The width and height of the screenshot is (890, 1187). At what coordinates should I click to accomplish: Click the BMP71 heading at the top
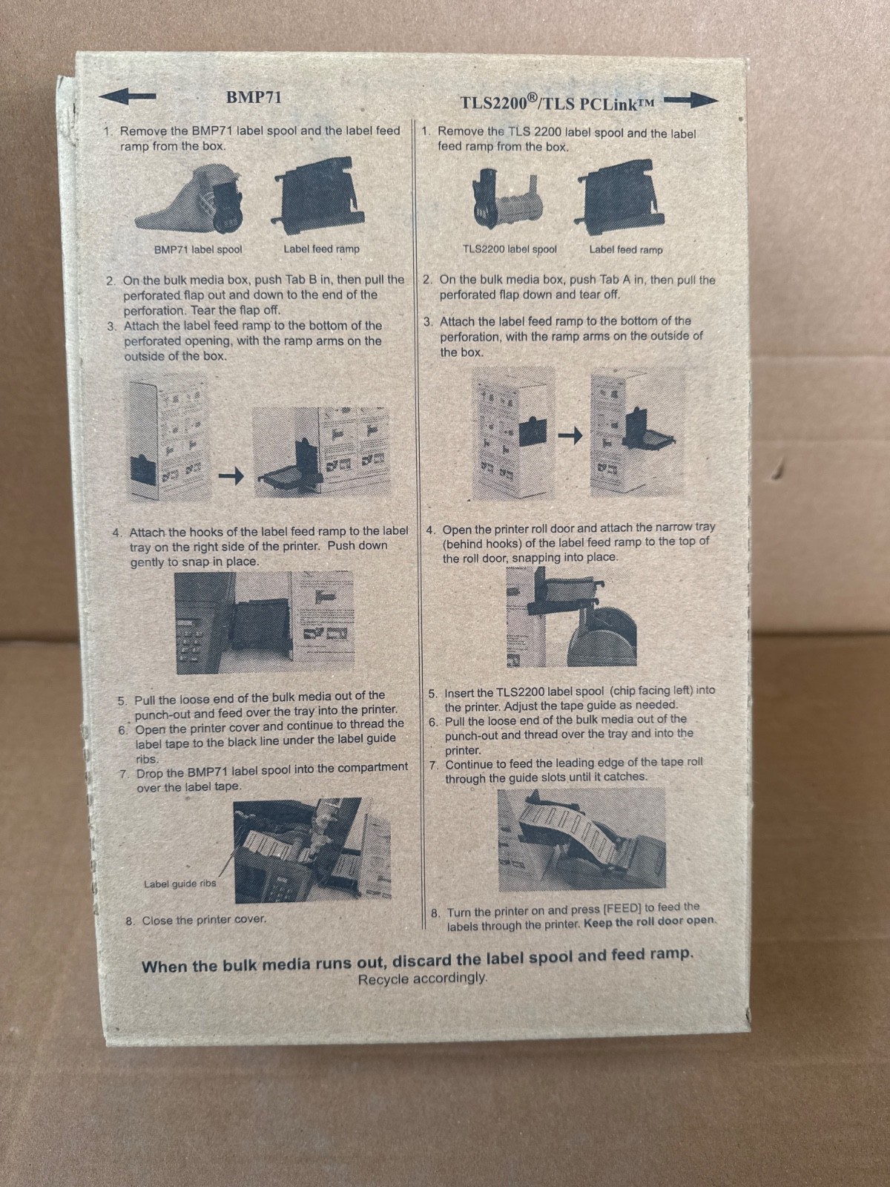coord(254,97)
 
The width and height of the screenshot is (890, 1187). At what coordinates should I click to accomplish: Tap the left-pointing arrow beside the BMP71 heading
coord(128,96)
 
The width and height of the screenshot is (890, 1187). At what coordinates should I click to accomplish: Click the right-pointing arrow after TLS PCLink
coord(691,100)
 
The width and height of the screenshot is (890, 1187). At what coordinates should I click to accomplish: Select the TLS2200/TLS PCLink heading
coord(558,102)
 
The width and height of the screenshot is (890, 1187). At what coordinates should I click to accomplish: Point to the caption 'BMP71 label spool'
coord(198,250)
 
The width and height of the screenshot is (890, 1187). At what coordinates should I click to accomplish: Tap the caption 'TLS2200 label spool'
coord(510,249)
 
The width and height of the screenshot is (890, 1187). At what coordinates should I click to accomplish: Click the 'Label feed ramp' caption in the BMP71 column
coord(322,249)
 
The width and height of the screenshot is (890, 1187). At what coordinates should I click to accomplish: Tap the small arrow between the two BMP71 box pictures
coord(231,476)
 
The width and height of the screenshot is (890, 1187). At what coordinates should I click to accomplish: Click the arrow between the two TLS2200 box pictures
coord(570,435)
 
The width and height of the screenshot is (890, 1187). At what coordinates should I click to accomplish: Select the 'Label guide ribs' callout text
coord(180,884)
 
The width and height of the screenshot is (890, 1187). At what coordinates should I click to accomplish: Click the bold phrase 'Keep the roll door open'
coord(650,921)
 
